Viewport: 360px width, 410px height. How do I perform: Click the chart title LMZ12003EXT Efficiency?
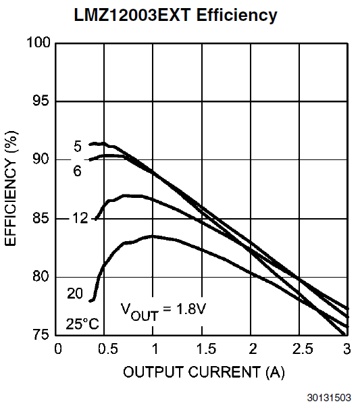click(x=176, y=16)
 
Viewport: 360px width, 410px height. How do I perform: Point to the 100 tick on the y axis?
click(x=38, y=43)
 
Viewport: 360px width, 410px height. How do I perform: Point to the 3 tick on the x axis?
click(x=346, y=349)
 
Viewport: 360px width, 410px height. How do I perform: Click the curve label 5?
click(x=78, y=147)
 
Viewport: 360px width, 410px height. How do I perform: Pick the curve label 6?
click(x=78, y=171)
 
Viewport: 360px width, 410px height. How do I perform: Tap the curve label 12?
click(x=80, y=218)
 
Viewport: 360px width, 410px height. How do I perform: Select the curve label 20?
click(x=75, y=293)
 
